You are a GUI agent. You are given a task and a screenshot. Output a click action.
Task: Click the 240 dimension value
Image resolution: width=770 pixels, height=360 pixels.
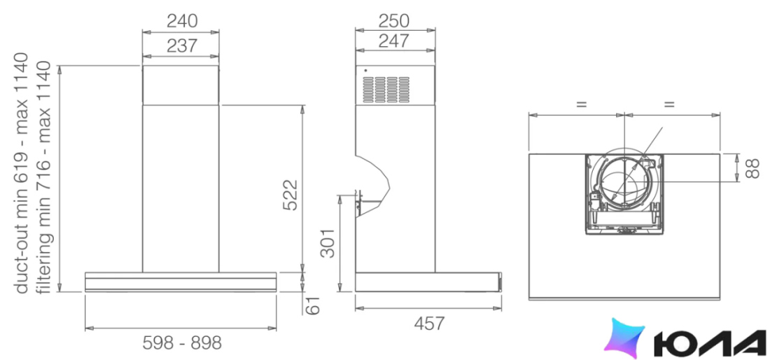coord(182,21)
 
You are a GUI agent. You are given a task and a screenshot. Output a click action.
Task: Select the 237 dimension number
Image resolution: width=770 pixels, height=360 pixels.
coord(182,46)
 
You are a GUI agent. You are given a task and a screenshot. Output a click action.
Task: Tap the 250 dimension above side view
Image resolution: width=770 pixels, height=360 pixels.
coord(394,20)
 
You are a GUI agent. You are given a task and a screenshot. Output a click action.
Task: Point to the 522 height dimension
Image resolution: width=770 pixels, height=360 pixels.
coord(290,195)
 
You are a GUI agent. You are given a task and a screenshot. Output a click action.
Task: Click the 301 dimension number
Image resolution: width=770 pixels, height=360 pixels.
coord(327,242)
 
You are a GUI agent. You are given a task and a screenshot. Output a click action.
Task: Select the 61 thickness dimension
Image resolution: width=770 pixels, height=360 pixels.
coord(313,305)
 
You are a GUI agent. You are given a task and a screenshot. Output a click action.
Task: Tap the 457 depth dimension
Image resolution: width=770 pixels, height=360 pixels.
coord(429,324)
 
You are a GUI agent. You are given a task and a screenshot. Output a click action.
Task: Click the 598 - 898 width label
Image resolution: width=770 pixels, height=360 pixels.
coord(182,342)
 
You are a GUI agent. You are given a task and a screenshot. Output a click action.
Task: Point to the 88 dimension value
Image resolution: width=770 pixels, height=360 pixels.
coord(752,167)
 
